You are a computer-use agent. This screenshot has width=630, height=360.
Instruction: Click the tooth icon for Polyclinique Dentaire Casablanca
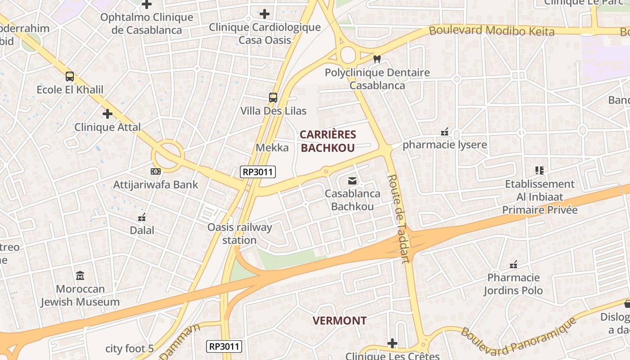[x=377, y=59]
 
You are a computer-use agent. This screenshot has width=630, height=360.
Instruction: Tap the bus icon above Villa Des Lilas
[x=273, y=97]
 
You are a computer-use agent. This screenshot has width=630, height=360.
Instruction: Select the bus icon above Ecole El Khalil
[x=70, y=76]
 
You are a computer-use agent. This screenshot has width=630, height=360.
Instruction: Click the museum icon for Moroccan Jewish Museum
[x=80, y=275]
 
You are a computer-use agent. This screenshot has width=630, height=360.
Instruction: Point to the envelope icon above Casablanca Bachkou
[x=352, y=181]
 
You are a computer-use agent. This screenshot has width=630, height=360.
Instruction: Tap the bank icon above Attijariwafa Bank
[x=155, y=171]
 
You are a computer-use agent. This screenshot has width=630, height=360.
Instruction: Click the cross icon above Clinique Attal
[x=107, y=114]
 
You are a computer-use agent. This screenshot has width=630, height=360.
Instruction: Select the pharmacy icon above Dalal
[x=142, y=217]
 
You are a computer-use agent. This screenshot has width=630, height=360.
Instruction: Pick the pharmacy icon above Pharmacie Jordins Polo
[x=513, y=265]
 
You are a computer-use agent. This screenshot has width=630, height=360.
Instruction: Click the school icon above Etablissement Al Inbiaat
[x=539, y=171]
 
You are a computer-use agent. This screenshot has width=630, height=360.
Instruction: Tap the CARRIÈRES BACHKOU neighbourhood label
[x=328, y=141]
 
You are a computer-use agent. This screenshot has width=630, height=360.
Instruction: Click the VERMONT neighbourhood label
[x=339, y=321]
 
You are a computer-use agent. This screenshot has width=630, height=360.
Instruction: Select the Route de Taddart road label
[x=399, y=218]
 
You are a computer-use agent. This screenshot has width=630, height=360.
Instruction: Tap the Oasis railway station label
[x=239, y=234]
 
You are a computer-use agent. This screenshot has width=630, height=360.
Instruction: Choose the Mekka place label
[x=272, y=148]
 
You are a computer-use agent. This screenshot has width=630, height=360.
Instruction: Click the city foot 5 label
[x=130, y=349]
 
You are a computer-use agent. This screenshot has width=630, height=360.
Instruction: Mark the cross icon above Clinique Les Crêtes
[x=392, y=344]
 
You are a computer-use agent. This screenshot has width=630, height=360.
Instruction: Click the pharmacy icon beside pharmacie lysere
[x=445, y=132]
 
